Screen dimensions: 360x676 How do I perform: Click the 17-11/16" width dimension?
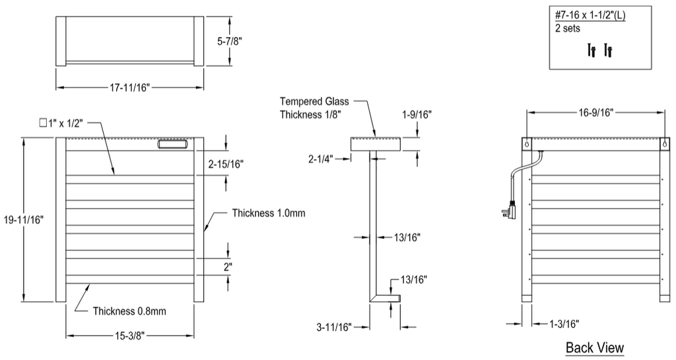click(x=129, y=87)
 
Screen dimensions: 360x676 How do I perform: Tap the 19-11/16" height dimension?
click(x=23, y=220)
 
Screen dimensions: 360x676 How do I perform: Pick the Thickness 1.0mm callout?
click(x=269, y=213)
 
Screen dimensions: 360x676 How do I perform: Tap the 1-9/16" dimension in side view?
click(x=416, y=114)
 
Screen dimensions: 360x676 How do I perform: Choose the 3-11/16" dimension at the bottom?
click(x=333, y=326)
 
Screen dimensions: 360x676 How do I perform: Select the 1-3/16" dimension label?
click(x=564, y=324)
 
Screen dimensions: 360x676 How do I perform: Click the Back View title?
click(x=594, y=347)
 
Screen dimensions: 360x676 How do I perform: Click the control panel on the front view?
click(x=173, y=143)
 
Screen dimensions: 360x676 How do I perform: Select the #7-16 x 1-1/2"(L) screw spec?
click(x=590, y=15)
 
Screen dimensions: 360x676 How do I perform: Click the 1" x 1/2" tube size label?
click(x=62, y=122)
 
